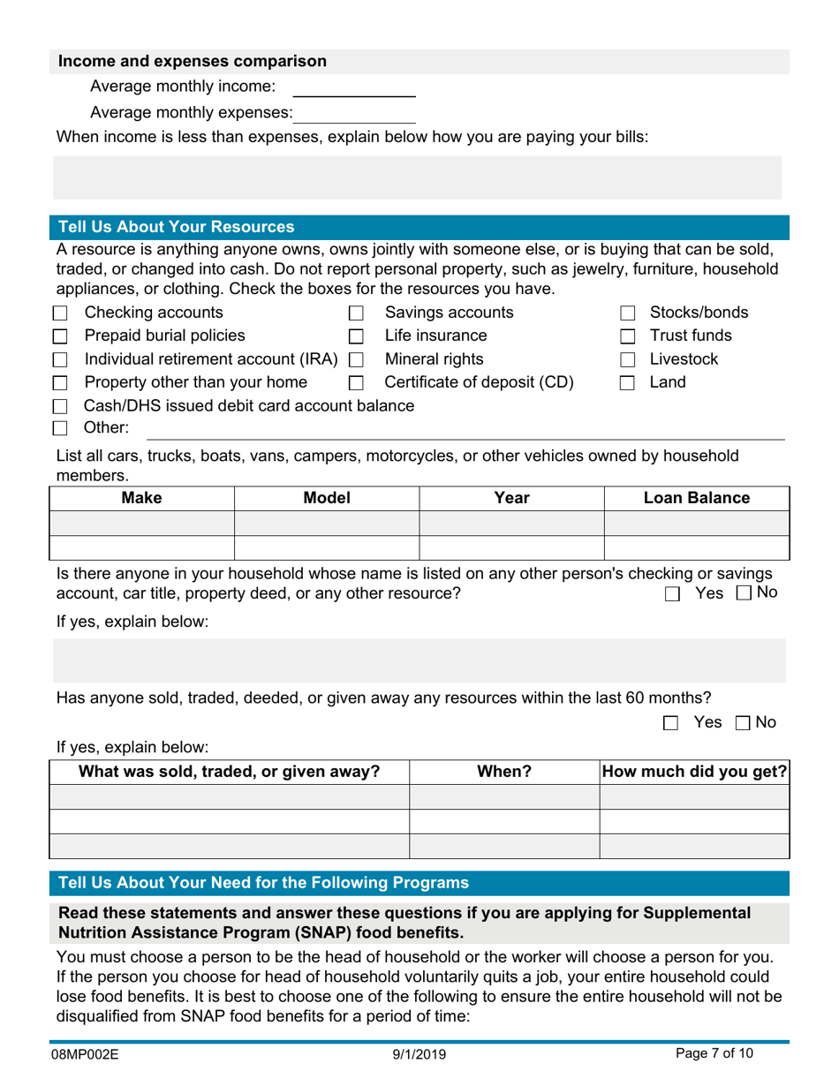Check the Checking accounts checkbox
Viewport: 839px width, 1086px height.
pos(60,313)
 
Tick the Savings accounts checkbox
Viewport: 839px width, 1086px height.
pos(357,313)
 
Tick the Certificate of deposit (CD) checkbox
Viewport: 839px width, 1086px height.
pos(357,384)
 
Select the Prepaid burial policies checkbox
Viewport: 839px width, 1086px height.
pos(60,336)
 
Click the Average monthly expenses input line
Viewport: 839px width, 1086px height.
pos(356,113)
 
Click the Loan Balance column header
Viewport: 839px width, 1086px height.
pos(696,498)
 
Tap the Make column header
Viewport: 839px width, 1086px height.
pos(141,498)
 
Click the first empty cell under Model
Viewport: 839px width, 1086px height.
pos(326,524)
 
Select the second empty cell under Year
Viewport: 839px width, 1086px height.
pos(510,547)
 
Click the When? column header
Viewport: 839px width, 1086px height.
pos(504,771)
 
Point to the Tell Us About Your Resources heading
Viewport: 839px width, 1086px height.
pos(176,226)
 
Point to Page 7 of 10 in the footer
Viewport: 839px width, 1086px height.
pos(714,1053)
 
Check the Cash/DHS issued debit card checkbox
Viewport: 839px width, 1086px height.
pos(60,407)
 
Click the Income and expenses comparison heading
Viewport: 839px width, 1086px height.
pos(192,62)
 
